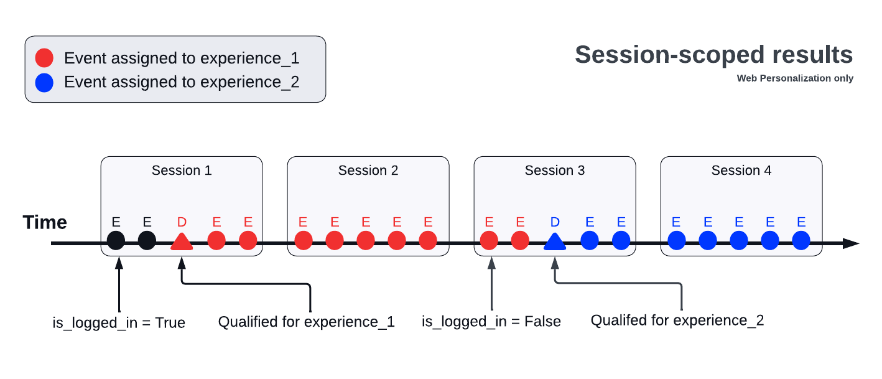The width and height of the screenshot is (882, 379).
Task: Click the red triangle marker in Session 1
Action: [182, 241]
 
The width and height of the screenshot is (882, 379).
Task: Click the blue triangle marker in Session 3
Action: [555, 241]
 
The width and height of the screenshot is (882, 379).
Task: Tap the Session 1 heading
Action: [182, 171]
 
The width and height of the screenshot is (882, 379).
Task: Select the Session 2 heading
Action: [368, 171]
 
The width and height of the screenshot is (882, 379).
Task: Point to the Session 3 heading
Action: [555, 171]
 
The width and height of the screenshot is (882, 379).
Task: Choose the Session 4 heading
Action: [741, 171]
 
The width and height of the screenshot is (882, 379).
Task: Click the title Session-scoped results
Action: [713, 55]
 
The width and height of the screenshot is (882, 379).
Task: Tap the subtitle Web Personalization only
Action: [795, 78]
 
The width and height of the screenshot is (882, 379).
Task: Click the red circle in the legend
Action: [45, 58]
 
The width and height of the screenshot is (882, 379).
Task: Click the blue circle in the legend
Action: [45, 82]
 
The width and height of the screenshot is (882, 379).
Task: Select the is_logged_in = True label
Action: [119, 322]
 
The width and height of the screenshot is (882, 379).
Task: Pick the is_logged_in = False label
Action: [491, 322]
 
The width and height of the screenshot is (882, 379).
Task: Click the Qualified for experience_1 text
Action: [306, 322]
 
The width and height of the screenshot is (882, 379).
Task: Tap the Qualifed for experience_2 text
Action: [677, 321]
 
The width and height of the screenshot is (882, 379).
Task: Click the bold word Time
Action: [45, 222]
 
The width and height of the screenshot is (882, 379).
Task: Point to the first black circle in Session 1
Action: [116, 240]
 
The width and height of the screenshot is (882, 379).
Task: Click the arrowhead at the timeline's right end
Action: [851, 243]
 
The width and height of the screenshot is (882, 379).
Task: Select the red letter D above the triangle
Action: [182, 222]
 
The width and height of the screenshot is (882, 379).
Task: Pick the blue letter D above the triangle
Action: [555, 222]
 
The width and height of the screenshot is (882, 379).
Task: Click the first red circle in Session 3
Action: [490, 240]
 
